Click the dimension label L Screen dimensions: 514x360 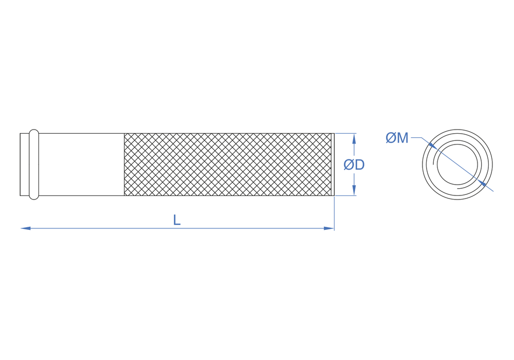pyautogui.click(x=177, y=220)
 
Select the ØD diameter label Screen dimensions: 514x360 pyautogui.click(x=354, y=165)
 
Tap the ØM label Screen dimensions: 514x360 pyautogui.click(x=397, y=138)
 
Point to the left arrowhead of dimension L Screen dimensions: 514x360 pyautogui.click(x=25, y=228)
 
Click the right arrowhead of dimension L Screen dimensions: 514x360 pyautogui.click(x=329, y=228)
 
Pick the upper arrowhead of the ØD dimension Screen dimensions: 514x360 pyautogui.click(x=354, y=139)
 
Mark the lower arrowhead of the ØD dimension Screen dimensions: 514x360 pyautogui.click(x=354, y=190)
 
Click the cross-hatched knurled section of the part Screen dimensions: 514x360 pyautogui.click(x=228, y=165)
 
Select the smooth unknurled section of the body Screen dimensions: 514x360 pyautogui.click(x=81, y=165)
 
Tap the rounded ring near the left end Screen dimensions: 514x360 pyautogui.click(x=34, y=165)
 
